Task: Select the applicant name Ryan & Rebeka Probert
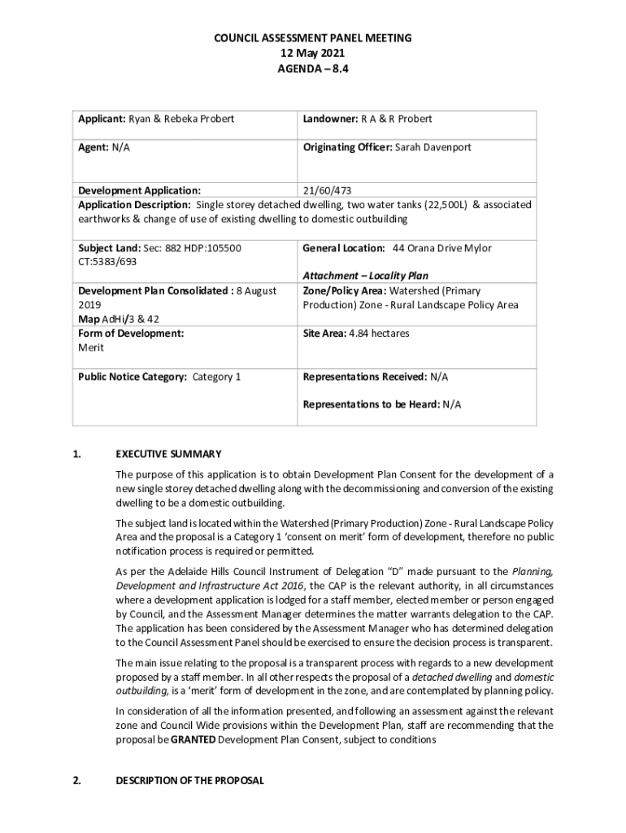(x=181, y=119)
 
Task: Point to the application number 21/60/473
(x=328, y=190)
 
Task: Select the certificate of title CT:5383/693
(x=107, y=262)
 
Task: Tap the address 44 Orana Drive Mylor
(x=442, y=248)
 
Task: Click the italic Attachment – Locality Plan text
(x=365, y=276)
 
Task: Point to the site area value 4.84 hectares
(x=379, y=334)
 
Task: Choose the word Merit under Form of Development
(x=91, y=347)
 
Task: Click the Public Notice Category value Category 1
(x=217, y=377)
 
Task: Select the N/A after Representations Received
(x=439, y=377)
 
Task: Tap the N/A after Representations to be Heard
(x=452, y=403)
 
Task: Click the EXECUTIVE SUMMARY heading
(x=168, y=454)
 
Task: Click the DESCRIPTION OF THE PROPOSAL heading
(x=189, y=780)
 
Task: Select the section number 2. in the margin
(x=76, y=780)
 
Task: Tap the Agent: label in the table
(x=93, y=147)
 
